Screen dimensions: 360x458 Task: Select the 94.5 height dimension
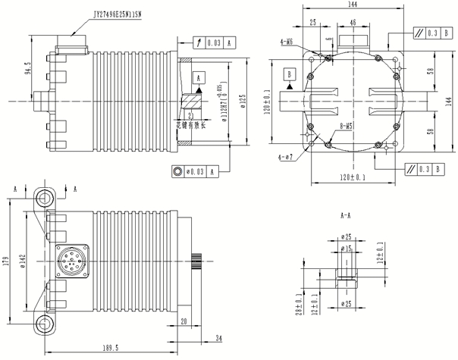pyautogui.click(x=29, y=69)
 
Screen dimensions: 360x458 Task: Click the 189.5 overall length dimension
pyautogui.click(x=111, y=348)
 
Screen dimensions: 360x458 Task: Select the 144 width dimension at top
pyautogui.click(x=351, y=5)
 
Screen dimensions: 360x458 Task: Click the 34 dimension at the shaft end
pyautogui.click(x=219, y=337)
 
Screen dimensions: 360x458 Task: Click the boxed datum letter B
pyautogui.click(x=289, y=74)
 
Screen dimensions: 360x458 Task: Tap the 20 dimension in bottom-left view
pyautogui.click(x=184, y=321)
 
